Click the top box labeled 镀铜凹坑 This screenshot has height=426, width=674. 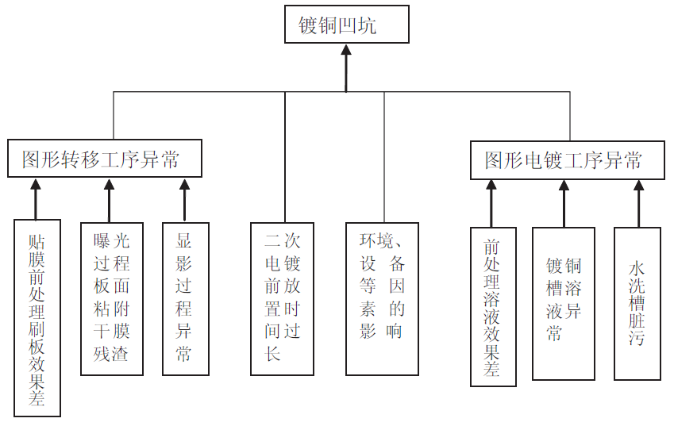click(x=347, y=25)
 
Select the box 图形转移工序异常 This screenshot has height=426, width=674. click(x=104, y=159)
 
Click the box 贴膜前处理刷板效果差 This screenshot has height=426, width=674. click(x=37, y=317)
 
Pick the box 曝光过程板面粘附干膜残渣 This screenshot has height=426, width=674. click(x=112, y=297)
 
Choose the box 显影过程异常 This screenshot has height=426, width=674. click(x=185, y=297)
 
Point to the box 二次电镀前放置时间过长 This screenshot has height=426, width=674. click(x=282, y=297)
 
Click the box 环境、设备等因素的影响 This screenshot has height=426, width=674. click(x=383, y=297)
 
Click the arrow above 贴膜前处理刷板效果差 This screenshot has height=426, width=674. click(x=35, y=198)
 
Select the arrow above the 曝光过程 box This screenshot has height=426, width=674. click(x=110, y=198)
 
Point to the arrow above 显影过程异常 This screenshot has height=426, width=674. click(x=185, y=198)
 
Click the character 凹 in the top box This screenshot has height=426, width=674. click(x=347, y=25)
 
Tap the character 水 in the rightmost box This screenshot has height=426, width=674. click(x=637, y=269)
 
